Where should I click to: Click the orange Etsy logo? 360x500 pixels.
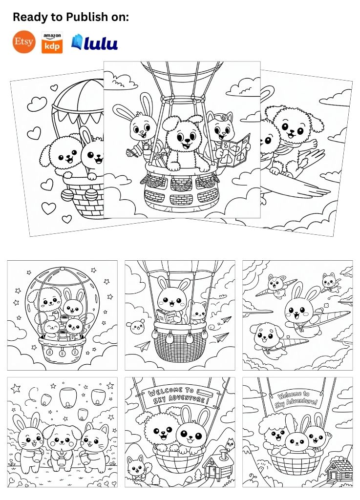24,42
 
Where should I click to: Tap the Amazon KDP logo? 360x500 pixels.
52,43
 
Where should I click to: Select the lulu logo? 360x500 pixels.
94,42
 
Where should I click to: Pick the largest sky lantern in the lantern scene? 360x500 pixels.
68,397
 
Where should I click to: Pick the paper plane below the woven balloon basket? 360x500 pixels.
143,346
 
